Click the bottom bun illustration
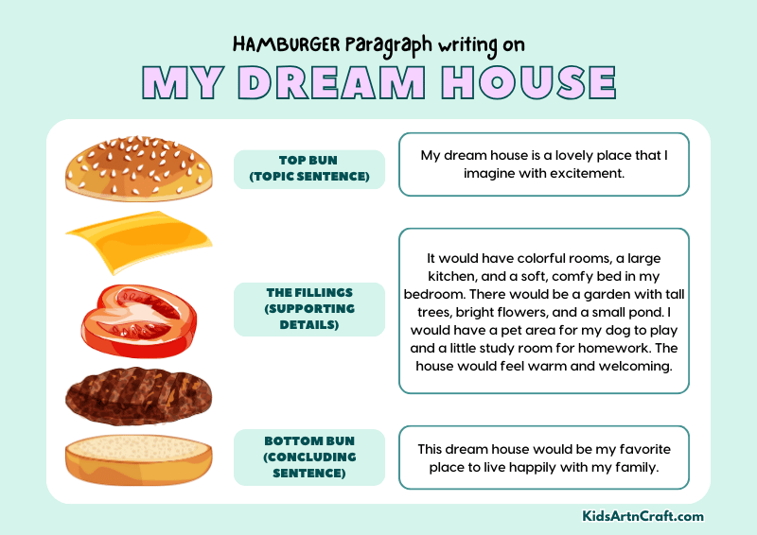tap(138, 460)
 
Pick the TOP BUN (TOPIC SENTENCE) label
tap(308, 169)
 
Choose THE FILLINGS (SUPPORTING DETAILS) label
tap(308, 309)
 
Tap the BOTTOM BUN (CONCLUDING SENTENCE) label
tap(308, 457)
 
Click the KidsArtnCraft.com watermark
tap(643, 516)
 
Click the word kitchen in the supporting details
tap(461, 276)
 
